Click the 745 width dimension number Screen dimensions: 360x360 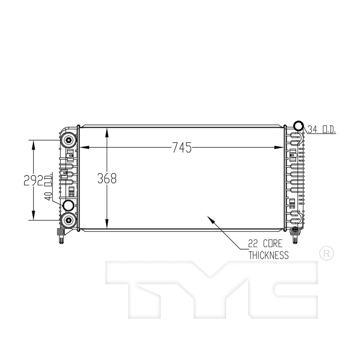182,148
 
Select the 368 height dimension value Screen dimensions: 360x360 107,178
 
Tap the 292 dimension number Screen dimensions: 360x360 33,180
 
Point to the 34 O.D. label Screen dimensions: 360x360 322,130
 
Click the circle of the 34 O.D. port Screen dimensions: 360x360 298,126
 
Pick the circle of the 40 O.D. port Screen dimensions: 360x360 68,205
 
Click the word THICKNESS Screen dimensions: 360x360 268,256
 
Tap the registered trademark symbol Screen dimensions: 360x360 326,253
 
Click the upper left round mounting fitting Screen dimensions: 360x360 69,140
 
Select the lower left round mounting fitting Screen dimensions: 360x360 69,220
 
